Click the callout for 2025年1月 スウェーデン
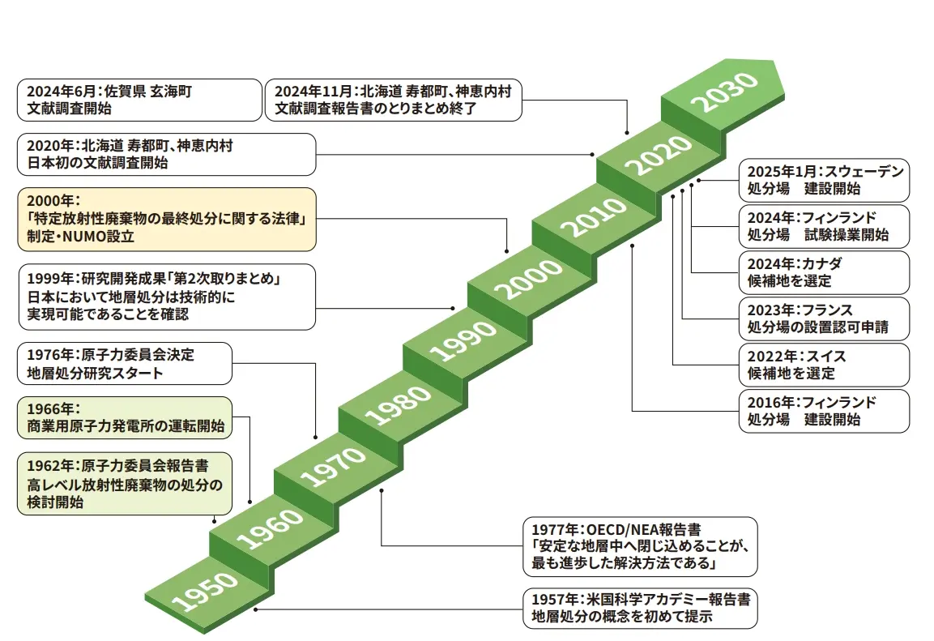(824, 180)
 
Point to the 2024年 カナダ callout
(824, 272)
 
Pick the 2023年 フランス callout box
(824, 318)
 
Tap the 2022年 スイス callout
(824, 365)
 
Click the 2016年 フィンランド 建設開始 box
(824, 411)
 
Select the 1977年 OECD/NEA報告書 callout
(639, 546)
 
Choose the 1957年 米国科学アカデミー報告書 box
(639, 608)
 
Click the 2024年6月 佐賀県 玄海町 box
(137, 99)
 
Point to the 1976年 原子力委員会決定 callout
(125, 364)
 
